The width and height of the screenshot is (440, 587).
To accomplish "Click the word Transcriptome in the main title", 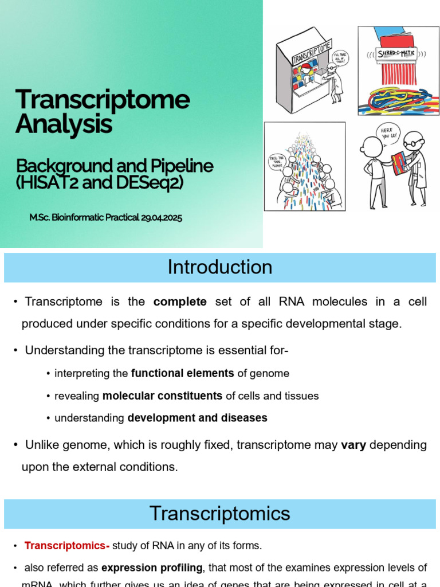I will (103, 100).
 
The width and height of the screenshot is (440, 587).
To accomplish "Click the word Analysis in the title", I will (64, 124).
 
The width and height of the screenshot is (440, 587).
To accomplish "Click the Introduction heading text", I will (220, 267).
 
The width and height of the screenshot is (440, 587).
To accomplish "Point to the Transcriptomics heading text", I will (220, 513).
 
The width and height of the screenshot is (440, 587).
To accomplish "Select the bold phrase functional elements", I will (182, 373).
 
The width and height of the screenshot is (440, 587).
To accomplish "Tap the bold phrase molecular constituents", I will (162, 396).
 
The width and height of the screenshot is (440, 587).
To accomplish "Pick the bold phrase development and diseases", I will (197, 418).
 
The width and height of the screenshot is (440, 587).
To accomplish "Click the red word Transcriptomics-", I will (67, 546).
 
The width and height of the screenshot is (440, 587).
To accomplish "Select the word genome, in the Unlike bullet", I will (78, 445).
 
